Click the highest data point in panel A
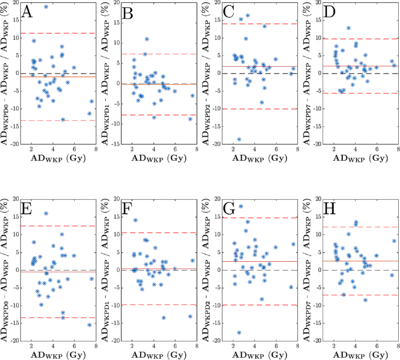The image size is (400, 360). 46,7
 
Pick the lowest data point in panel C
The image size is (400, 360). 239,139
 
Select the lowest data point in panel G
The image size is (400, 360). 239,333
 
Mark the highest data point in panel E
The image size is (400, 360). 46,213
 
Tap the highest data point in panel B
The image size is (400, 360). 147,39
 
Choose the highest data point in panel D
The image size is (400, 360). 349,28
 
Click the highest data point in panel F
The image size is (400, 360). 135,220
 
